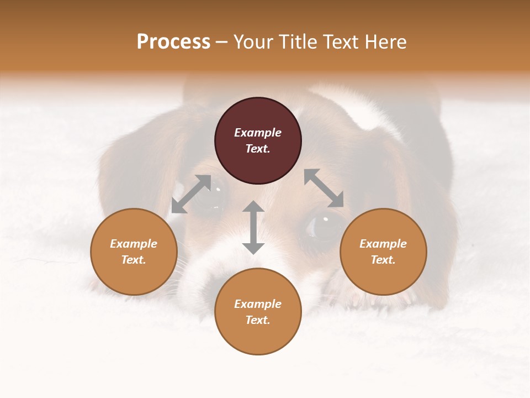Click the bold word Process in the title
click(173, 42)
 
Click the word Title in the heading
click(298, 42)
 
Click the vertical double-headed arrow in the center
click(253, 227)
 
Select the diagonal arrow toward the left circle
click(191, 194)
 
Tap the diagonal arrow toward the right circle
click(324, 188)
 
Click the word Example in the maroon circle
click(258, 133)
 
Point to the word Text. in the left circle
click(134, 260)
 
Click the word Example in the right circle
click(383, 244)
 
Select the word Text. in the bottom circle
click(258, 320)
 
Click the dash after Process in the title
click(221, 43)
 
